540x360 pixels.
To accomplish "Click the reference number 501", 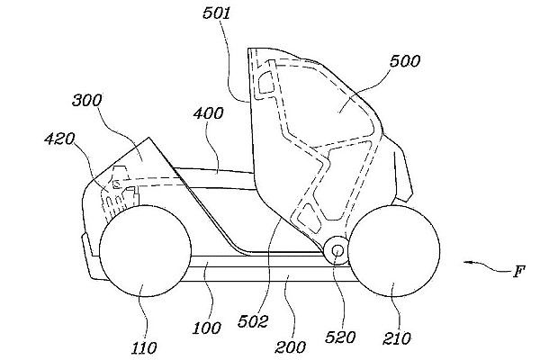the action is tap(216, 13).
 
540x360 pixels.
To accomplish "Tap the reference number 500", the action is tap(405, 61).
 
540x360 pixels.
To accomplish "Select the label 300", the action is tap(87, 101).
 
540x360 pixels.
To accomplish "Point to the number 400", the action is tap(209, 113).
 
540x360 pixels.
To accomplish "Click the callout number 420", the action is tap(59, 139).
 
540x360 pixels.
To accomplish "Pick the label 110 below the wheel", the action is tap(144, 348).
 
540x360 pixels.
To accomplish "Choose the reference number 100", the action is tap(206, 328).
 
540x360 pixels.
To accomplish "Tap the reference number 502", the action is tap(252, 322).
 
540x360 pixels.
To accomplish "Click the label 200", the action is tap(290, 347).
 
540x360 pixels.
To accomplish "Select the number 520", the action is tap(340, 337).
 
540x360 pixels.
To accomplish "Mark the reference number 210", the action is tap(397, 338).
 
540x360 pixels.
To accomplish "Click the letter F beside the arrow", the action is tap(518, 272).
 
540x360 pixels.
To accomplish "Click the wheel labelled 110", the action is tap(145, 251).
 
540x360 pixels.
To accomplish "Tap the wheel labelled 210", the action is tap(393, 251).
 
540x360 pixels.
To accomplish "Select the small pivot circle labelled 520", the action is tap(337, 250).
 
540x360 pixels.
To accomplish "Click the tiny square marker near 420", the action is tap(116, 184).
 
